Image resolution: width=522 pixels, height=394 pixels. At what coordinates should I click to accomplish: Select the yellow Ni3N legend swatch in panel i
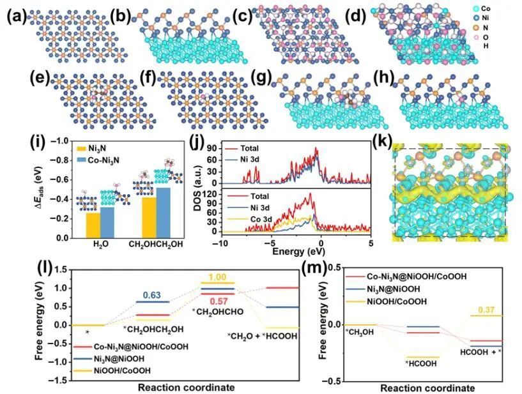(80, 148)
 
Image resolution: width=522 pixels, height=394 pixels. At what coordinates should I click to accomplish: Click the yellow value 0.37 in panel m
(487, 310)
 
